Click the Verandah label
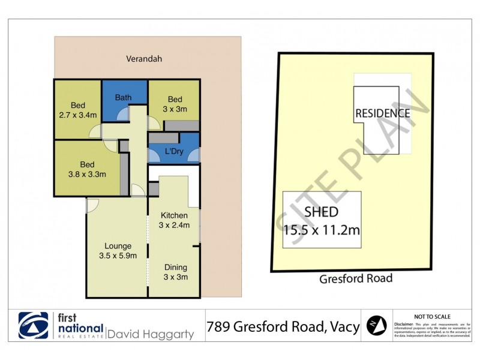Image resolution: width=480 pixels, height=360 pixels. pyautogui.click(x=144, y=59)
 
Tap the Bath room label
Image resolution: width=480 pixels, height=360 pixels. pyautogui.click(x=124, y=98)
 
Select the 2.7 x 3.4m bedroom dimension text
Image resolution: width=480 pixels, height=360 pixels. pyautogui.click(x=78, y=115)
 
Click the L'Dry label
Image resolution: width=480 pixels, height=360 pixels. pyautogui.click(x=173, y=151)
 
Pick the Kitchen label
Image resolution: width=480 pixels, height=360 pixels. pyautogui.click(x=175, y=215)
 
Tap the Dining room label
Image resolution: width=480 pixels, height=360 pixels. pyautogui.click(x=175, y=268)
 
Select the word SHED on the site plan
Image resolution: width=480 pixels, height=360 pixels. pyautogui.click(x=321, y=211)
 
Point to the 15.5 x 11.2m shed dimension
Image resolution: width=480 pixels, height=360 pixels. pyautogui.click(x=322, y=228)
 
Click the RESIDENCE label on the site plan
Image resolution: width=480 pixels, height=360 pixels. pyautogui.click(x=382, y=113)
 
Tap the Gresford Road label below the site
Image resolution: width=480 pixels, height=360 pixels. pyautogui.click(x=356, y=278)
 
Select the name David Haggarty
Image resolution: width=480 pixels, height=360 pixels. pyautogui.click(x=150, y=334)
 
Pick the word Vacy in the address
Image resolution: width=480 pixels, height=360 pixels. pyautogui.click(x=343, y=326)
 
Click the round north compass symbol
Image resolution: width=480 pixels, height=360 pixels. pyautogui.click(x=376, y=326)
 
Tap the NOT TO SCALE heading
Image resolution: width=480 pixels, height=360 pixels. pyautogui.click(x=432, y=316)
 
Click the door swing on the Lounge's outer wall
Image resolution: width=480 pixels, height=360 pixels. pyautogui.click(x=92, y=206)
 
